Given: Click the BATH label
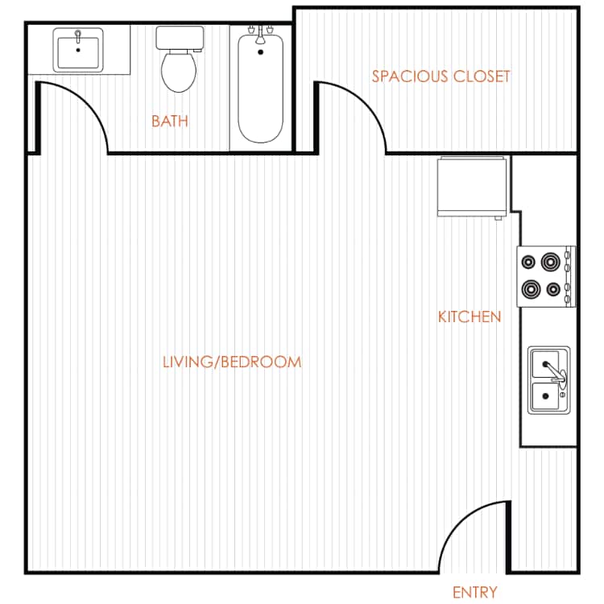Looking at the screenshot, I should tap(170, 122).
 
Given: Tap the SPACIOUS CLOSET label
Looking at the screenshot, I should tap(441, 77).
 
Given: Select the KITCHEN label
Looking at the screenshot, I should tap(470, 316).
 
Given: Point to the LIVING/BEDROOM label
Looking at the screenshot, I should tap(232, 362).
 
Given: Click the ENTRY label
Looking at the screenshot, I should tap(475, 593).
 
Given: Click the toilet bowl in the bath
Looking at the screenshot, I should tap(179, 72).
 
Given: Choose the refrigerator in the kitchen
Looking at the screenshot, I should tap(472, 187).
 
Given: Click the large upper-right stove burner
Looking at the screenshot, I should tap(551, 261).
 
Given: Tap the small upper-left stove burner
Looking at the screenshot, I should tap(529, 261).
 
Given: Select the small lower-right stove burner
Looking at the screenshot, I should tap(552, 289).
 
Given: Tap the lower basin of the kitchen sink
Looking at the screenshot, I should tap(548, 396).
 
